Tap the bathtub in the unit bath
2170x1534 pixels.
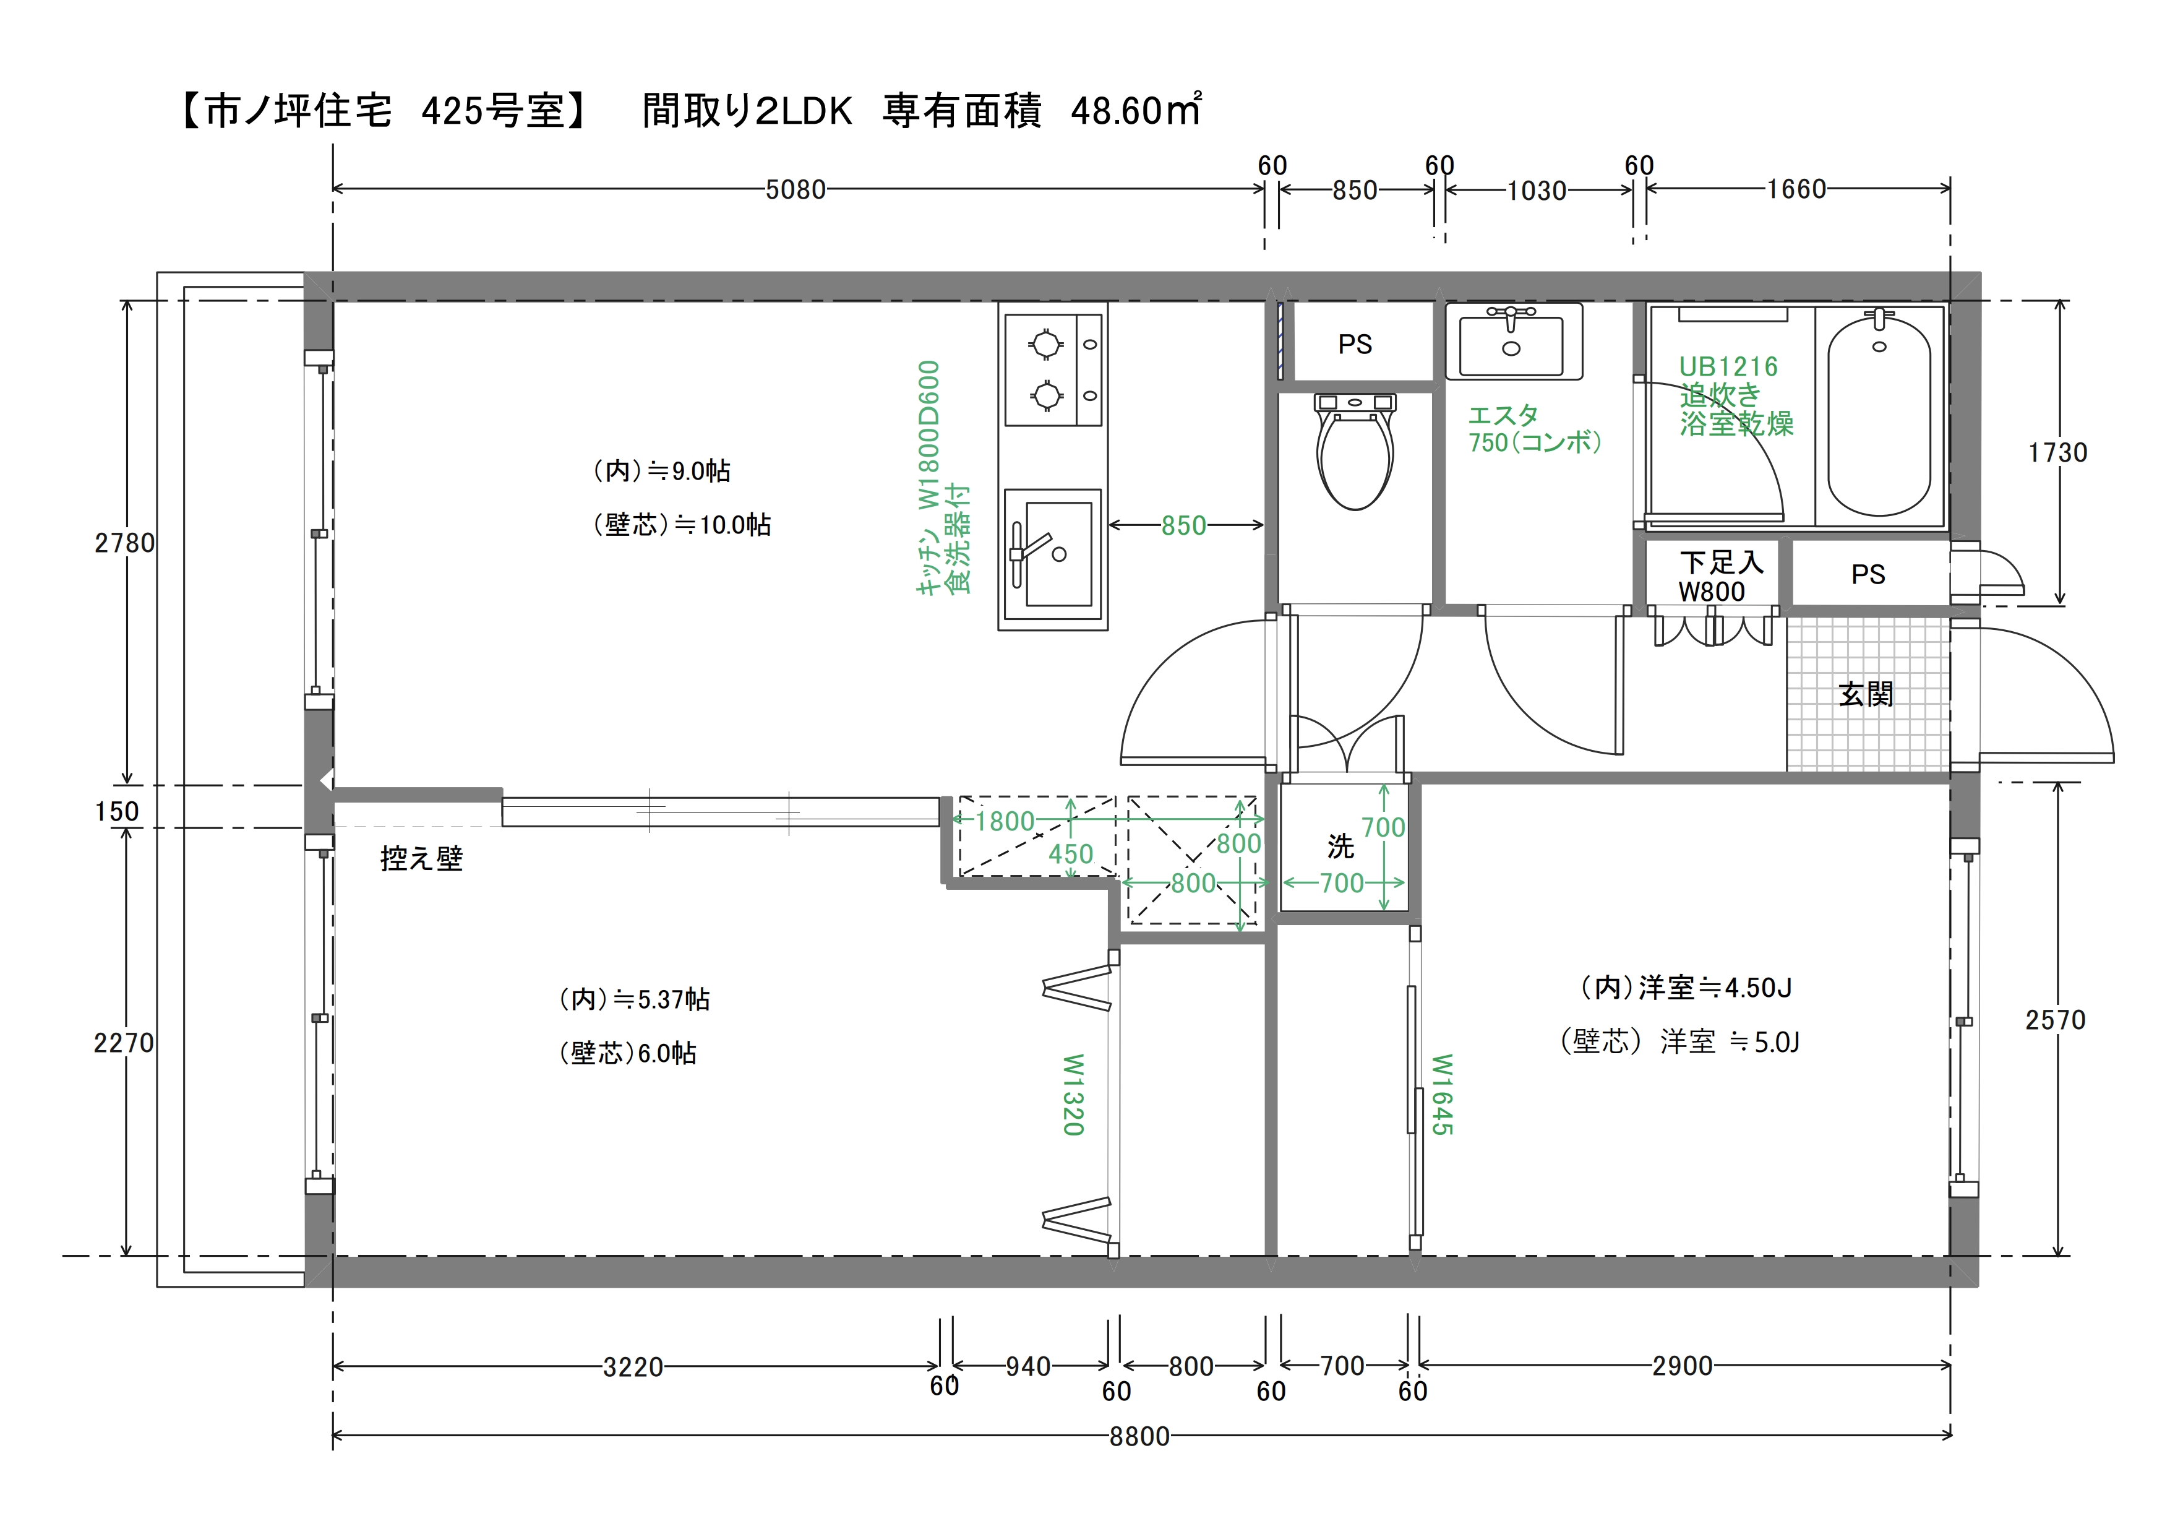[1879, 416]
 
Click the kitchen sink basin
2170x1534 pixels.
[1052, 554]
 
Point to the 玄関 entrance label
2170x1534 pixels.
[1867, 694]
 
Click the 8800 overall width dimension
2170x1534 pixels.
[1140, 1437]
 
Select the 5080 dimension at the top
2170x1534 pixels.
[796, 190]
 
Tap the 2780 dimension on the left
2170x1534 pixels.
[124, 543]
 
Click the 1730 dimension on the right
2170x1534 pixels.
[2057, 453]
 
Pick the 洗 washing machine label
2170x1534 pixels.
[1340, 847]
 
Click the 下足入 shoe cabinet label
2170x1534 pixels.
[1721, 562]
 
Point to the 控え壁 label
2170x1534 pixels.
[421, 858]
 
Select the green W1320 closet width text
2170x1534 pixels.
[1073, 1095]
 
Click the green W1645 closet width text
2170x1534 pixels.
[1441, 1095]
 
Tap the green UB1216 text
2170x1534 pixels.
[1728, 367]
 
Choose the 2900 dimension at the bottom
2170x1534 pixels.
[1683, 1366]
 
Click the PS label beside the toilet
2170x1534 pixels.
[1355, 344]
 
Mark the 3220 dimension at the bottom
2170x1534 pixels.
[633, 1367]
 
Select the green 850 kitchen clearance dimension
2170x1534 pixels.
[1184, 525]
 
